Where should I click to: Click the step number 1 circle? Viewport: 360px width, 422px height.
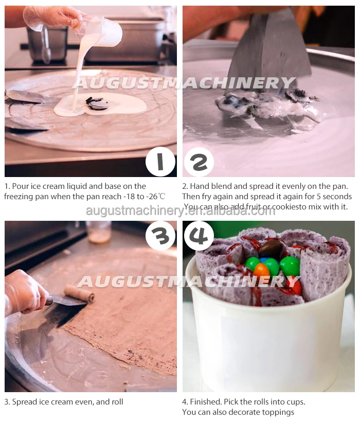pos(160,162)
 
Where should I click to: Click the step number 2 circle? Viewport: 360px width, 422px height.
pos(199,162)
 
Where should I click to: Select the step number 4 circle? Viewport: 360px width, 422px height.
pos(199,236)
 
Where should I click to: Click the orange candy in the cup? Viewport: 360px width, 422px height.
pos(261,271)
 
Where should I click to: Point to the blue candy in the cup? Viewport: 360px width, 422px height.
pos(263,260)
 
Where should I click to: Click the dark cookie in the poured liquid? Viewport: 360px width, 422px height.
pos(97,103)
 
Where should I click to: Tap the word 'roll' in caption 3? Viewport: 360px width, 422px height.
pos(117,401)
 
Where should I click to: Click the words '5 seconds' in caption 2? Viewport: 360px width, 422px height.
pos(334,196)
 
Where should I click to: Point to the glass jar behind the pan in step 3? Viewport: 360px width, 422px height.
pos(98,231)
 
